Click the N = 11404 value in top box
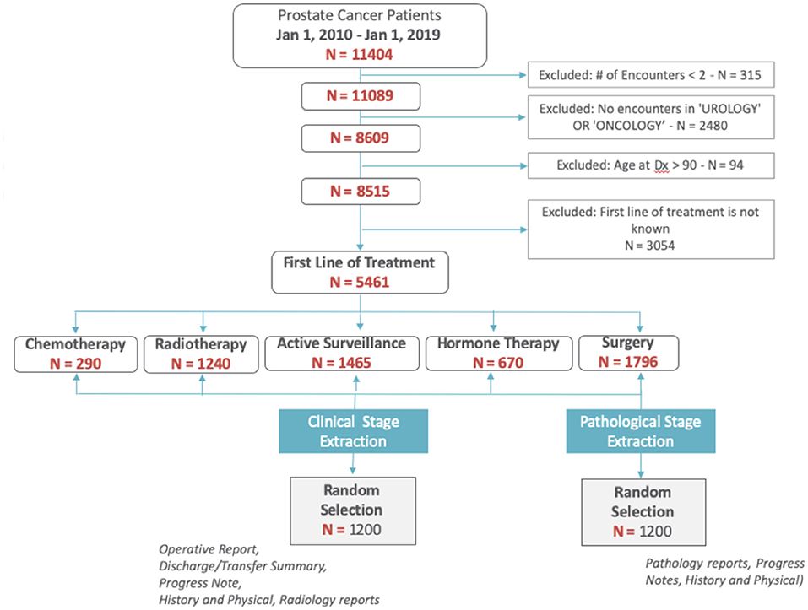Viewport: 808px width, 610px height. tap(361, 55)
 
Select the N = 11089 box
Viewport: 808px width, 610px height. tap(361, 97)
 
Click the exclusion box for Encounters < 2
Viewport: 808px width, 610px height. tap(649, 75)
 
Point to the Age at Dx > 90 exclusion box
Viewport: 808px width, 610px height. tap(649, 165)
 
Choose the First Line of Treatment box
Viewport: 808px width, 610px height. tap(361, 272)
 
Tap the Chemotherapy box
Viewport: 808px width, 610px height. tap(75, 354)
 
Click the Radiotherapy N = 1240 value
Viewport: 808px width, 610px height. tap(201, 364)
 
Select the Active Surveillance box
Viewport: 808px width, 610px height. tap(341, 354)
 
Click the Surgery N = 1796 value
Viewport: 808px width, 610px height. tap(627, 364)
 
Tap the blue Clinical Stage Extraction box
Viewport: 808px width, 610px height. tap(354, 431)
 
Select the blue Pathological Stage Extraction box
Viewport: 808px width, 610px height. tap(640, 431)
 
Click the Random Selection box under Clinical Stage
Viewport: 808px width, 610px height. tap(352, 510)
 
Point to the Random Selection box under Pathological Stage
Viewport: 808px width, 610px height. tap(643, 511)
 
